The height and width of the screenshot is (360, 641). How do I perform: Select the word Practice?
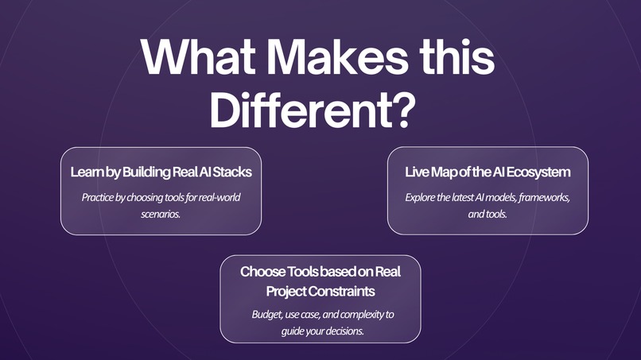98,196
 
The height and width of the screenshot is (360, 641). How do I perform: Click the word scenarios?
161,214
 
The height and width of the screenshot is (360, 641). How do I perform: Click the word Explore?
420,196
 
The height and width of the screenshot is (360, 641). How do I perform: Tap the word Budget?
265,314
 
